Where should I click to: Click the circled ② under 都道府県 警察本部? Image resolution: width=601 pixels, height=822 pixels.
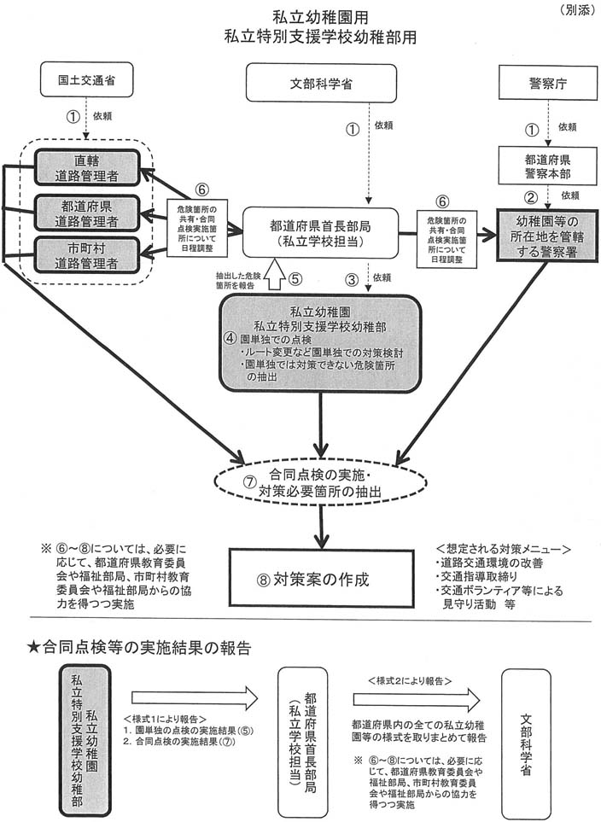pyautogui.click(x=531, y=196)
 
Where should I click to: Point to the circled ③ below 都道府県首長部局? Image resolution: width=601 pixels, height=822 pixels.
pyautogui.click(x=351, y=277)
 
